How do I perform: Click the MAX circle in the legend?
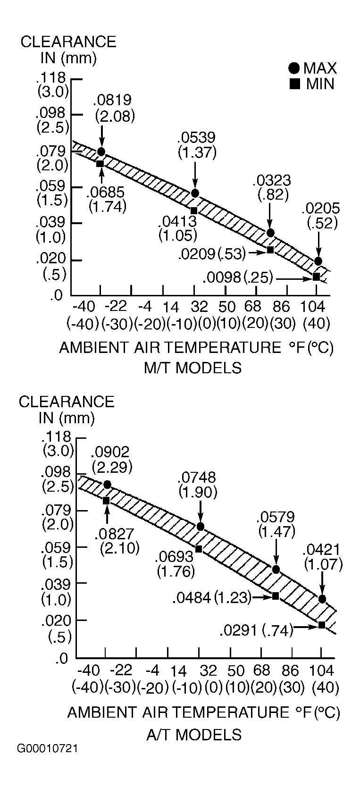pos(294,68)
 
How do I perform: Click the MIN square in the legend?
pos(294,84)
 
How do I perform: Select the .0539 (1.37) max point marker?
pos(195,193)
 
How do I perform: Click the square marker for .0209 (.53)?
pos(270,250)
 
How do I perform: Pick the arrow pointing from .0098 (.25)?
pos(294,278)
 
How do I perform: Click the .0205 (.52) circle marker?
pos(318,261)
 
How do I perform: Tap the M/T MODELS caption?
pos(193,368)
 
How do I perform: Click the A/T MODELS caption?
pos(194,735)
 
